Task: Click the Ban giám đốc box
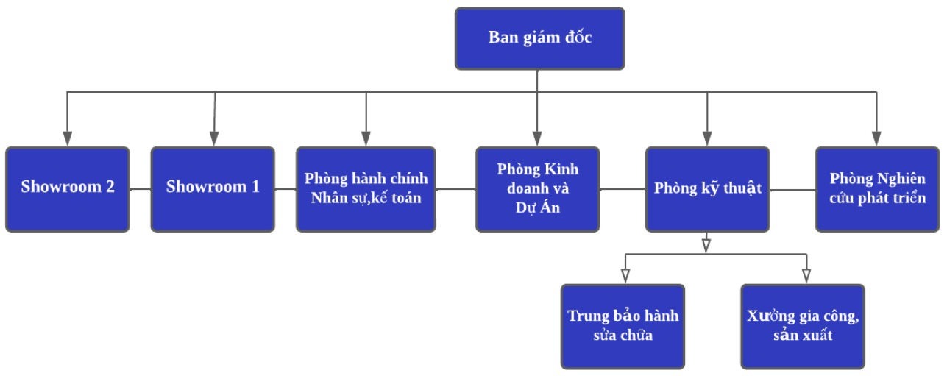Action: coord(539,38)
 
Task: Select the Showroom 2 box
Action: coord(67,189)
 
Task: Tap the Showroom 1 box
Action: coord(213,189)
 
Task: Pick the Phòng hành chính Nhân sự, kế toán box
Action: coord(366,189)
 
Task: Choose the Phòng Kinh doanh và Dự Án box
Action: coord(537,189)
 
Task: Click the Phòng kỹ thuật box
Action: coord(707,189)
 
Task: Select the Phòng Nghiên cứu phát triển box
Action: coord(877,189)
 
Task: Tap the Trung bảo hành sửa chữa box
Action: coord(623,326)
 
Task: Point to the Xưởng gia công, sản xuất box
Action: coord(802,326)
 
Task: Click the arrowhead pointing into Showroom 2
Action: coord(68,139)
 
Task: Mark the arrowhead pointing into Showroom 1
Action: coord(214,139)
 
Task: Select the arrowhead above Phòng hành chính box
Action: coord(366,139)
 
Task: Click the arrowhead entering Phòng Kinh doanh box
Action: coord(537,139)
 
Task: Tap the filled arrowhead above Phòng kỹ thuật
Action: coord(707,139)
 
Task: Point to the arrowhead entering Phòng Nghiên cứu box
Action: coord(876,139)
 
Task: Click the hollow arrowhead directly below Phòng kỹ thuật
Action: coord(706,244)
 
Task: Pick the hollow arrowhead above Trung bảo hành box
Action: coord(625,276)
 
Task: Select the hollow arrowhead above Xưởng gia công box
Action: coord(806,276)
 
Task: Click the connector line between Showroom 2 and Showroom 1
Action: coord(140,189)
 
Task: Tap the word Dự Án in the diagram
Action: coord(537,208)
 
